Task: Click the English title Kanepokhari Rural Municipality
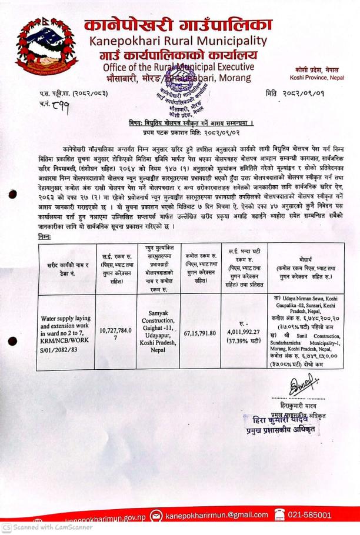178,42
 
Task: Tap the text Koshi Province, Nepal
321,78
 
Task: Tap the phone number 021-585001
309,516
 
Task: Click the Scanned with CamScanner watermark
47,527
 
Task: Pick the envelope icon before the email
158,516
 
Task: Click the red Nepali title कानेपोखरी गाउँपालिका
178,25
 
